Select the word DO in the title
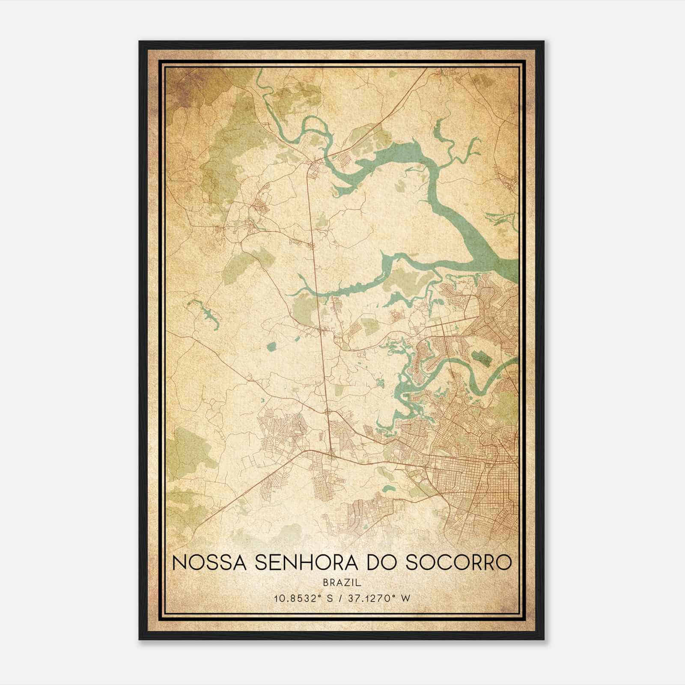(x=382, y=563)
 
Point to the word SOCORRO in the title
(x=458, y=563)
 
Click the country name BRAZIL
(x=342, y=583)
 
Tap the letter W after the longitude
(x=406, y=599)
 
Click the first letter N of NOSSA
(x=179, y=563)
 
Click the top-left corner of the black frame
(x=140, y=42)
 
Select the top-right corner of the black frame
(x=543, y=42)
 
